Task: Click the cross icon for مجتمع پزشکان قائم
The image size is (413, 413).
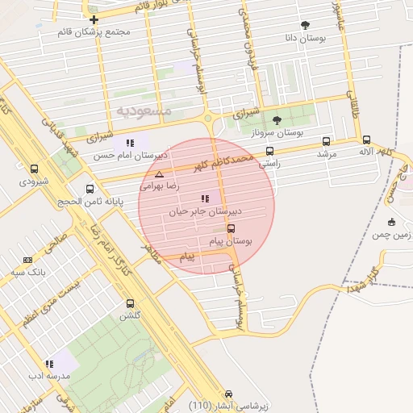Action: click(94, 19)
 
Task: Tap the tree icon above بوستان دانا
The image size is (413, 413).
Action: click(305, 25)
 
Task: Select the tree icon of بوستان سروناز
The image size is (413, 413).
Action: click(277, 120)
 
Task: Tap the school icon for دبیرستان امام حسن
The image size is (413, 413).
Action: click(129, 143)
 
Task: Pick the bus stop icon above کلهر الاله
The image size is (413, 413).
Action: click(366, 140)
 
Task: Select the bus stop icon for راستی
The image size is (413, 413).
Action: click(269, 150)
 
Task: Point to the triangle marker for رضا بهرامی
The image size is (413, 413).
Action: click(159, 174)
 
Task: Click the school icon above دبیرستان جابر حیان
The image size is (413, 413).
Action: click(205, 198)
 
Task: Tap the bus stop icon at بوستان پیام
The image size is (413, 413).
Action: click(232, 228)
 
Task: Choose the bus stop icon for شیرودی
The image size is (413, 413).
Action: click(34, 169)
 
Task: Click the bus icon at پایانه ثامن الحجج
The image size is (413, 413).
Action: click(89, 190)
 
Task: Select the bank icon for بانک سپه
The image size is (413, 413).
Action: click(28, 260)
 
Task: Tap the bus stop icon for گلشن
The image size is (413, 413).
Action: click(131, 304)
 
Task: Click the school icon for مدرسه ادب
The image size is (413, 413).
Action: click(50, 364)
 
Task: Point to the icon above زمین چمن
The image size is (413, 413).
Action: click(392, 222)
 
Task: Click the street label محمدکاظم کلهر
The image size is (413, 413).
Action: click(224, 158)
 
